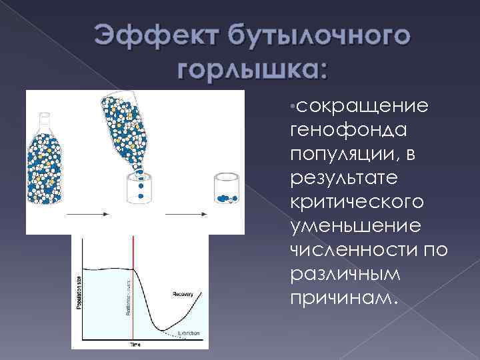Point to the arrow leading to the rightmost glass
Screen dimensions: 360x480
coord(185,213)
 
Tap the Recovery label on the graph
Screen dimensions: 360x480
coord(182,293)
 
